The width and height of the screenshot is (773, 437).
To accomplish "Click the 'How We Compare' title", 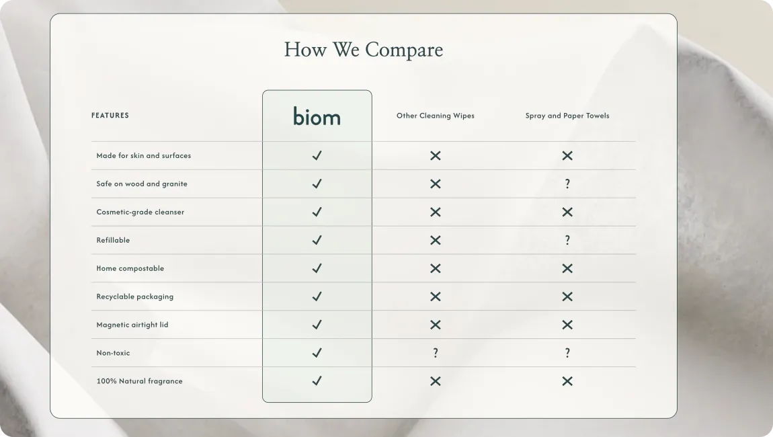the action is [x=364, y=50].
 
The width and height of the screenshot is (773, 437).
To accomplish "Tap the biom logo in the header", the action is [x=317, y=116].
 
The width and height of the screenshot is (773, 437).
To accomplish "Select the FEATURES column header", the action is [x=110, y=116].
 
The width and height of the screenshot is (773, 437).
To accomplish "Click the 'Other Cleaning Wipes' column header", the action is [x=436, y=116].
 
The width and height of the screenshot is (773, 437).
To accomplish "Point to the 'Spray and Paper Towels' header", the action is [x=567, y=116].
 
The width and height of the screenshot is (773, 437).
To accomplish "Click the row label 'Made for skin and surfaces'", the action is [x=143, y=155].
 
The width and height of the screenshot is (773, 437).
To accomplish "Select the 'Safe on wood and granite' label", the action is [x=142, y=184].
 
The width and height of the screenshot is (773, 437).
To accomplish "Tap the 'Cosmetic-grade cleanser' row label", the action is [x=140, y=212].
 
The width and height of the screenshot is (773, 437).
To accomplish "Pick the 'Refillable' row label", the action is [x=114, y=240].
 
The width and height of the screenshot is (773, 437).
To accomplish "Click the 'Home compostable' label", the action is [x=130, y=268].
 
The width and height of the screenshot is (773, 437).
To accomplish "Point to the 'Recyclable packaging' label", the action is [x=135, y=296].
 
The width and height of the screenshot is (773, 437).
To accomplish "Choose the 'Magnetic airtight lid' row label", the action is [x=132, y=325].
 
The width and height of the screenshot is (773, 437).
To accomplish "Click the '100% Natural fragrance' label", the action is [x=140, y=381].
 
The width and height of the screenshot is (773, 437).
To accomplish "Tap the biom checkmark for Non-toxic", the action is [x=317, y=353].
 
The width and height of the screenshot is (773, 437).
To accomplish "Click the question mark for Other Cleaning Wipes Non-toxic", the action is [x=436, y=353].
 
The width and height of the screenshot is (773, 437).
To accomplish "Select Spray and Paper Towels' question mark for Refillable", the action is [x=567, y=240].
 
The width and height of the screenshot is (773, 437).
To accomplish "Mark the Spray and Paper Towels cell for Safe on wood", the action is [x=567, y=184].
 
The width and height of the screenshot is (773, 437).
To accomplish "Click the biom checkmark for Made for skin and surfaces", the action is [x=317, y=155].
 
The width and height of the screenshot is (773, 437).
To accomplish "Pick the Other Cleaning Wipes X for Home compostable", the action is [x=436, y=268].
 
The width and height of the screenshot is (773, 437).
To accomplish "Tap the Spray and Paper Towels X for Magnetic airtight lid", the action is [x=567, y=325].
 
